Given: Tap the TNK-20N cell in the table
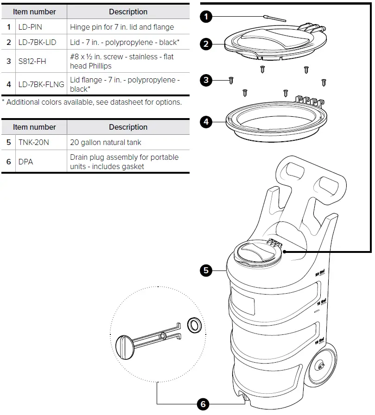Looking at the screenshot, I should point(33,142).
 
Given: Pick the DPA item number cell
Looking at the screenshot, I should point(25,162).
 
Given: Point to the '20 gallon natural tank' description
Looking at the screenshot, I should point(106,142).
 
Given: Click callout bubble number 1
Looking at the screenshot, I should point(206,17).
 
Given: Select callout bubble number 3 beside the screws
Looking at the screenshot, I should point(206,80).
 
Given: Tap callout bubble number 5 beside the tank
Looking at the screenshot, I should point(206,270).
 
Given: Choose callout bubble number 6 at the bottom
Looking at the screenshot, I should point(203,404).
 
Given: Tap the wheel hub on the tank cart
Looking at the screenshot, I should point(319,366).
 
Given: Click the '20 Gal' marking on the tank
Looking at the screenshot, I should point(319,274).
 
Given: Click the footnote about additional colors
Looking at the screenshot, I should point(92,102).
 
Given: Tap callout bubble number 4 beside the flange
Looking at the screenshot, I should point(206,122).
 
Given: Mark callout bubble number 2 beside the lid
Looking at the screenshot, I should point(206,44).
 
